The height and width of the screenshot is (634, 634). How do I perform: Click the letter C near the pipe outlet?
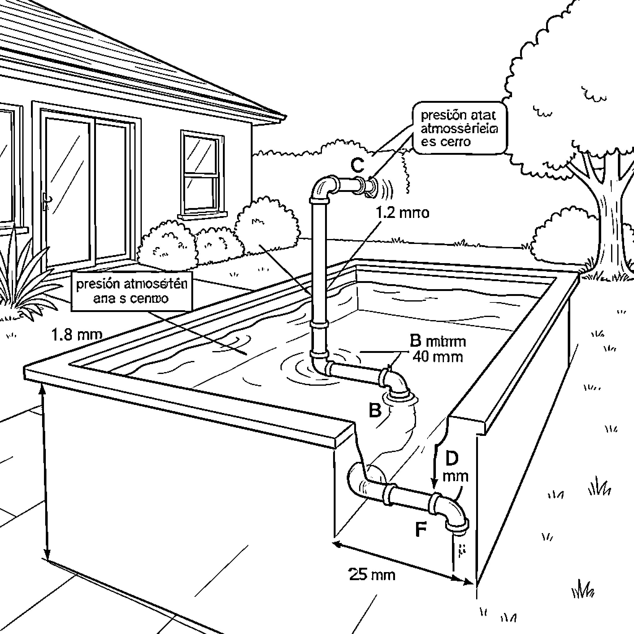[x=357, y=165]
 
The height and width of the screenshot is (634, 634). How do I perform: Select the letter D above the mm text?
[x=452, y=458]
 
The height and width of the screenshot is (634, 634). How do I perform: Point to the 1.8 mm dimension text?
[x=77, y=335]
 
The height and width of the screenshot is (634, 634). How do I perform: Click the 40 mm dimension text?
[x=437, y=357]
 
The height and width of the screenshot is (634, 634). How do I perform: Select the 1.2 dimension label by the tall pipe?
[x=402, y=213]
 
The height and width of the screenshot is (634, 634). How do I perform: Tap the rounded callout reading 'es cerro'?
[x=459, y=128]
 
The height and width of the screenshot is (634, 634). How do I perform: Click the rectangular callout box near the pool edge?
[x=131, y=291]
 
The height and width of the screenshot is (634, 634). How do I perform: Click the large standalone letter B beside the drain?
[x=375, y=410]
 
